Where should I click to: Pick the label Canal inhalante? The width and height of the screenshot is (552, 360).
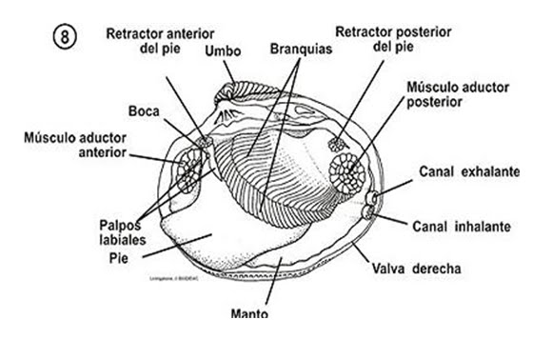[x=463, y=227]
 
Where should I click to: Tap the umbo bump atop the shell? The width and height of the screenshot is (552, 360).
[x=231, y=95]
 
